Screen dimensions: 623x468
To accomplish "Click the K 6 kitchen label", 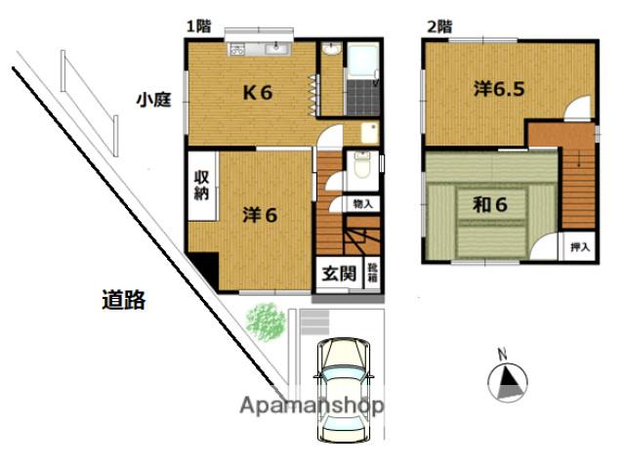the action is click(x=258, y=93).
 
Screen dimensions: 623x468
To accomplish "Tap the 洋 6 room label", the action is click(x=260, y=215).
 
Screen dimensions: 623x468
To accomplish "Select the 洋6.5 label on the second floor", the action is click(x=499, y=89).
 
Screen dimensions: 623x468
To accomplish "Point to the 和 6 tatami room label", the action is click(x=490, y=205).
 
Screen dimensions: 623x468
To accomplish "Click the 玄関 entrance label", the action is click(x=339, y=274).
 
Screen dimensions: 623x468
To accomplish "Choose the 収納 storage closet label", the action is click(x=201, y=186).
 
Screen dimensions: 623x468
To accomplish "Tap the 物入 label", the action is click(x=362, y=204).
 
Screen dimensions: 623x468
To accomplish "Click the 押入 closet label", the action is click(x=580, y=247).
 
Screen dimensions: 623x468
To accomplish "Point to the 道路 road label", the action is click(x=124, y=300).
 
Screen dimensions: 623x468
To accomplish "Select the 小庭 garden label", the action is click(x=153, y=100).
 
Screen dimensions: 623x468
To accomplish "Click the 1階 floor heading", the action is click(x=198, y=26).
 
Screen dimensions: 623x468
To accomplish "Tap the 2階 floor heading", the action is click(x=439, y=27).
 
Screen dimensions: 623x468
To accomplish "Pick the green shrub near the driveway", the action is click(x=266, y=321).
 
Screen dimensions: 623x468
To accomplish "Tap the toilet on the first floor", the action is click(x=361, y=164).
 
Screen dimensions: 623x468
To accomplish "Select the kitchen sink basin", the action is click(x=277, y=49).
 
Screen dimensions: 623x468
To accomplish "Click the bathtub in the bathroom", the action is click(x=362, y=60).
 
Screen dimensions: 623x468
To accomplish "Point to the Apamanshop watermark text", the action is click(x=312, y=406).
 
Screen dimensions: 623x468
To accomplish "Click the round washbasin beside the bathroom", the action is click(x=332, y=49).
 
